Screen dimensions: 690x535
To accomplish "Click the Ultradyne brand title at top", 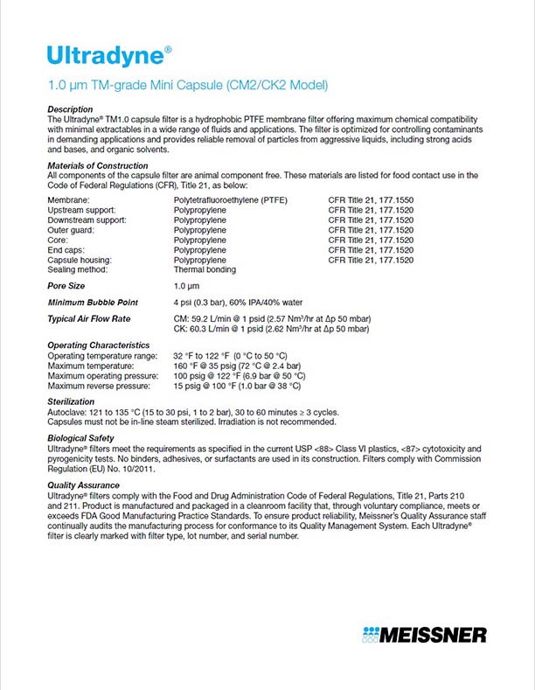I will point(105,56).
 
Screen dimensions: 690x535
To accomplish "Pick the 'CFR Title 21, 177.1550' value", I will point(371,201).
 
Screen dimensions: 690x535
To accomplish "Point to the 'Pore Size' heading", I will point(67,286).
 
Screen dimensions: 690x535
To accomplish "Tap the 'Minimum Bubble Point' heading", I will point(92,303).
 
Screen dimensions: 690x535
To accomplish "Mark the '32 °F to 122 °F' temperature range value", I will point(231,356).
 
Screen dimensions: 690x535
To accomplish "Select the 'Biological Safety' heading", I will point(81,438).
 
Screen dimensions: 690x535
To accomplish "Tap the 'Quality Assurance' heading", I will point(83,484).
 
